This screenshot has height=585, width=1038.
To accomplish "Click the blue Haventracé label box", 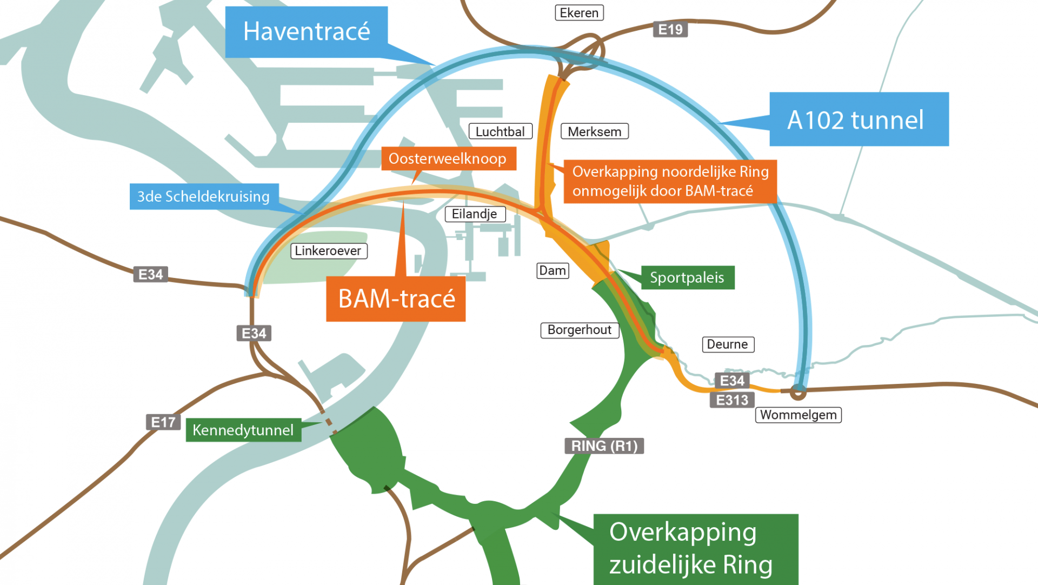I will point(306,32).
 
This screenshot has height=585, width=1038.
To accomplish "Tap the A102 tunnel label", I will point(859,119).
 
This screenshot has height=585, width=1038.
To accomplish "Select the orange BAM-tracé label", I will point(396,299).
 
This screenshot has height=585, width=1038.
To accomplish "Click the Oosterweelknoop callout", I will point(448,159).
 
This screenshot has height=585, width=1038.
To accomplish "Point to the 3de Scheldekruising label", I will point(204,196).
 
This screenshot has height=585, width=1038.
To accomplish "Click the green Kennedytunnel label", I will point(243,430).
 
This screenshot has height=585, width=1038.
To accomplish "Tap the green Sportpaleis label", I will point(687,278).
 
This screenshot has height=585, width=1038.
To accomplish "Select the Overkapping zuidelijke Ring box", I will point(695,549).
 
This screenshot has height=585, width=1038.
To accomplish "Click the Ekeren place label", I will point(579,13).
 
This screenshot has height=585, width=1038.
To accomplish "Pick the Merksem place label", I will point(594,132).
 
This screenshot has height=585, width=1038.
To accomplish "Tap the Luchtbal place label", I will point(500,132).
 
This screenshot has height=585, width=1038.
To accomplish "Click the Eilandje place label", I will point(475,214).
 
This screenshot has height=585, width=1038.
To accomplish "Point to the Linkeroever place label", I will point(328,251).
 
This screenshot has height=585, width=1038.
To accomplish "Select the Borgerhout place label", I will point(579,330).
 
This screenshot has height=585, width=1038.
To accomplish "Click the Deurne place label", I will point(728,344).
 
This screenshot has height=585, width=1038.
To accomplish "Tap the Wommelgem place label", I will point(798,415).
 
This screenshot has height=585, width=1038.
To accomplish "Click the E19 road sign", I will point(670,30).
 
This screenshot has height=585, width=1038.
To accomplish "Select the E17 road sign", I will point(163,422).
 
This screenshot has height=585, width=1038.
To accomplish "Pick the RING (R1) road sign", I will point(604,446).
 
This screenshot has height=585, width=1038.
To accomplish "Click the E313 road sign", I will point(732,401).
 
